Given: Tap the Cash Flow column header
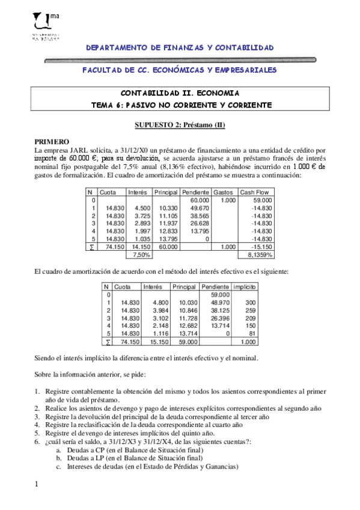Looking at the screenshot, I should point(255,192).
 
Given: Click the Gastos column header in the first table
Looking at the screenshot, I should point(223,192).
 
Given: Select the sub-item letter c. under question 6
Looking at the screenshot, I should point(58,465).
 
